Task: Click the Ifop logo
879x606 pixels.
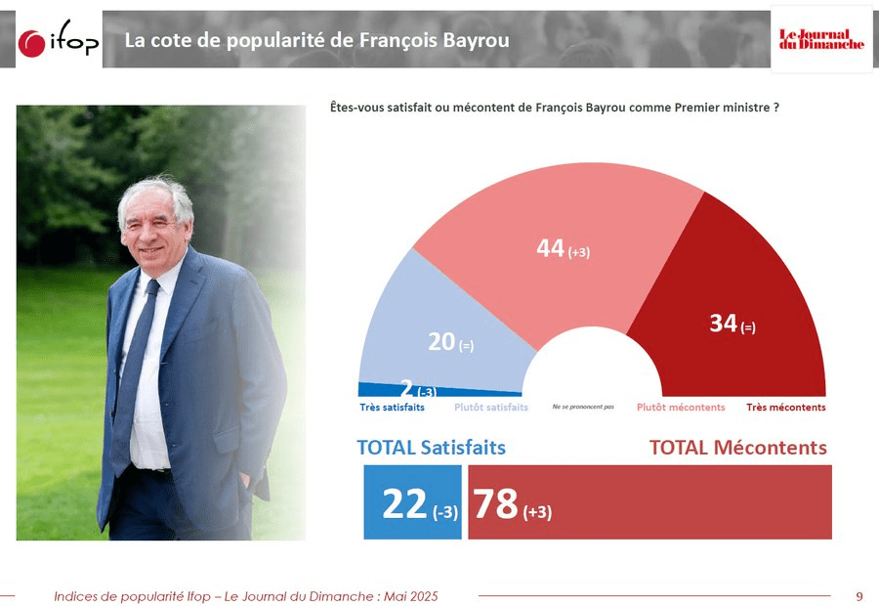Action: (x=59, y=41)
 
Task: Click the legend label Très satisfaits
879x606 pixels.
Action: (x=392, y=408)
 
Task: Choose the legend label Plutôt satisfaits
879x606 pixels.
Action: (x=491, y=408)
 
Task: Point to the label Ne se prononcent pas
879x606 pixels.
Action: (x=583, y=407)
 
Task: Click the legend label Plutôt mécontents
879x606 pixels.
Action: (x=681, y=408)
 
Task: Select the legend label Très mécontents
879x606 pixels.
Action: (x=786, y=408)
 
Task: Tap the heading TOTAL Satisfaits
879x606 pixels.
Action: (x=432, y=448)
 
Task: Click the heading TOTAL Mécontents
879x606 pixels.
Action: (x=738, y=448)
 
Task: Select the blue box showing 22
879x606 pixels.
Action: (x=412, y=502)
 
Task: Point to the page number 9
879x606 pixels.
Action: (x=858, y=596)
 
